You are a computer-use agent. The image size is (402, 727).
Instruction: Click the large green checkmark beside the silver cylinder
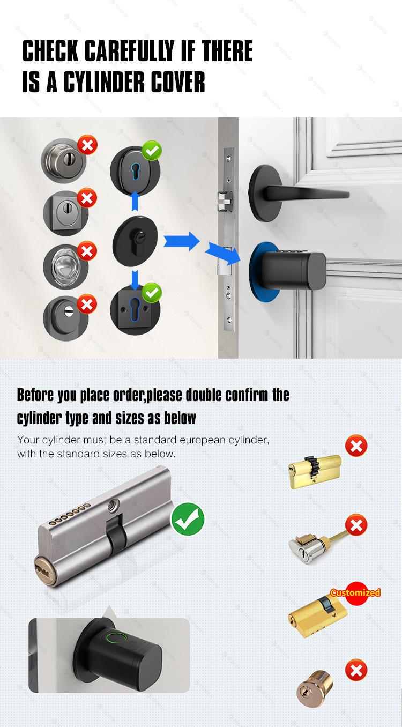coord(188,519)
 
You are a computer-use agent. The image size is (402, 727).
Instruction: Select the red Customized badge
coord(355,593)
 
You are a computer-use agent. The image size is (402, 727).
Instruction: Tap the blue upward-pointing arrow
coord(135,201)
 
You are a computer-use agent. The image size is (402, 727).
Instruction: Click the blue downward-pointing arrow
coord(135,280)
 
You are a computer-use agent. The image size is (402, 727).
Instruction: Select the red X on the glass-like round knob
coord(87,251)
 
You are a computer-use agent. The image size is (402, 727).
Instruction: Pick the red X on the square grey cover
coord(87,198)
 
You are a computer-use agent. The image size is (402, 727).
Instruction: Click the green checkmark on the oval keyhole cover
coord(152,151)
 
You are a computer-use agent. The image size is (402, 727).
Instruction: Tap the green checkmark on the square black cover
coord(152,292)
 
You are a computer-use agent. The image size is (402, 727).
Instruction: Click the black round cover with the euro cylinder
coord(135,241)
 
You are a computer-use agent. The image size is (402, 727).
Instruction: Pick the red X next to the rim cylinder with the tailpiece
coord(356,525)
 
